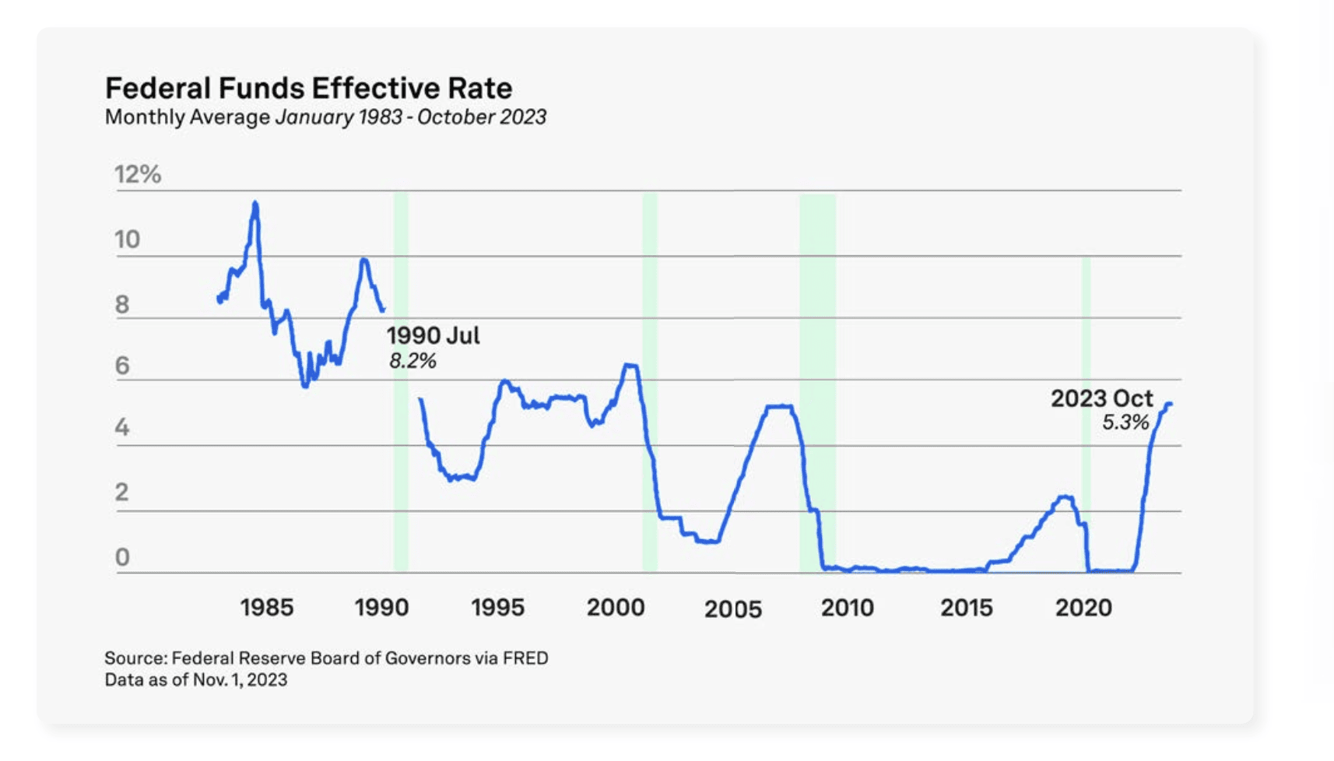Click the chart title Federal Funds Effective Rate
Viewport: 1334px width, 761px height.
click(308, 88)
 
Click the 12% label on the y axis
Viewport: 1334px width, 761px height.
click(138, 174)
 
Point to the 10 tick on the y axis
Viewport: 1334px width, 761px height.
click(127, 239)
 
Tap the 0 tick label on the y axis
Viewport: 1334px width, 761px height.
click(122, 557)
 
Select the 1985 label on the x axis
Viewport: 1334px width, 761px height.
click(266, 608)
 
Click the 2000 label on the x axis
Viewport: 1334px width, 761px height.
click(615, 608)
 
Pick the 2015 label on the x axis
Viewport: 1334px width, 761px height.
click(966, 608)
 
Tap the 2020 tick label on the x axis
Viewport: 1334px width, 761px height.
click(1083, 608)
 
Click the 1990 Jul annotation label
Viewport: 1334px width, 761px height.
click(433, 336)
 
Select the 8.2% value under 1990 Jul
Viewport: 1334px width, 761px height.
click(412, 361)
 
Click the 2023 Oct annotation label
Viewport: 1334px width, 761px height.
click(1101, 398)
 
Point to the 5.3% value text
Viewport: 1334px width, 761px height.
click(1125, 423)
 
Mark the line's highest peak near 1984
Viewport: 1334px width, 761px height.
click(255, 204)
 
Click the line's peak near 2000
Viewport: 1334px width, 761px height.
click(630, 365)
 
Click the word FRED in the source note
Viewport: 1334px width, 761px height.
click(525, 658)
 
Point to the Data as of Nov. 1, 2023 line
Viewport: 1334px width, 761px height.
click(196, 680)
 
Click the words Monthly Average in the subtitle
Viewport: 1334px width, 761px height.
click(188, 117)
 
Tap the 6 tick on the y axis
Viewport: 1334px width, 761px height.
click(122, 366)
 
